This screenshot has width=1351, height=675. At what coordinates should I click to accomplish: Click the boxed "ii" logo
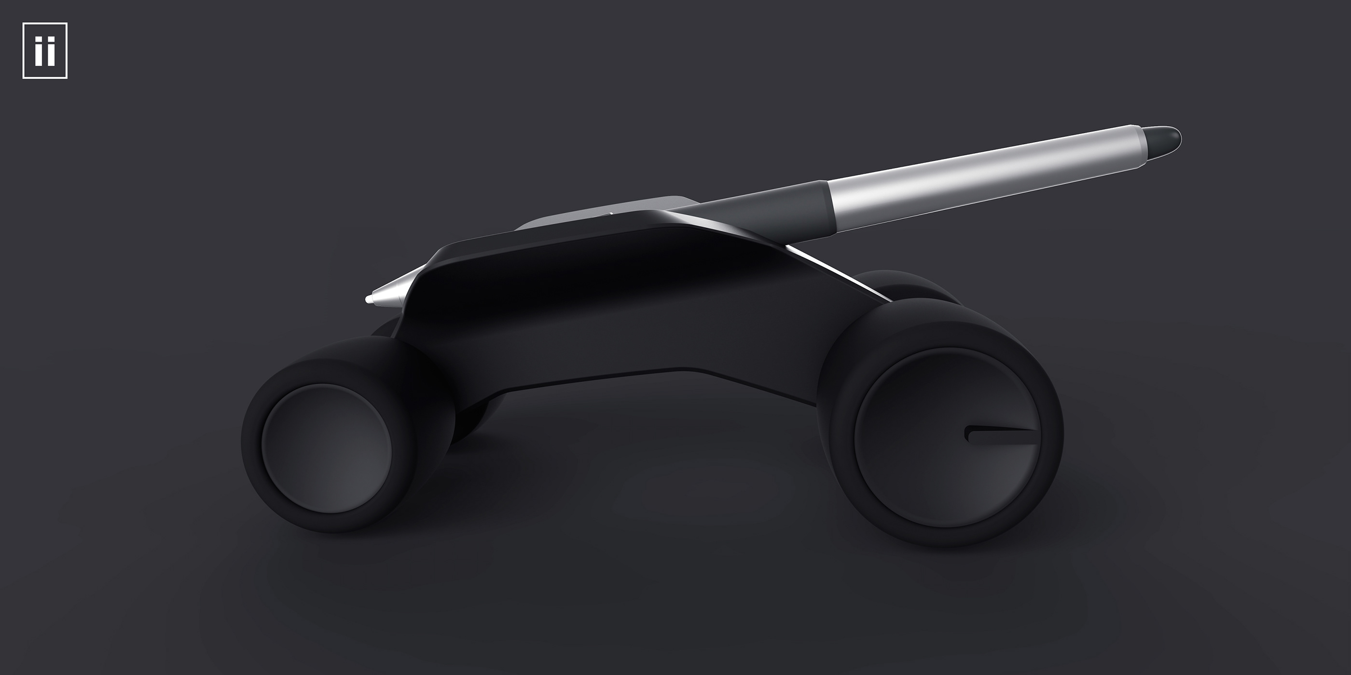pos(44,51)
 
